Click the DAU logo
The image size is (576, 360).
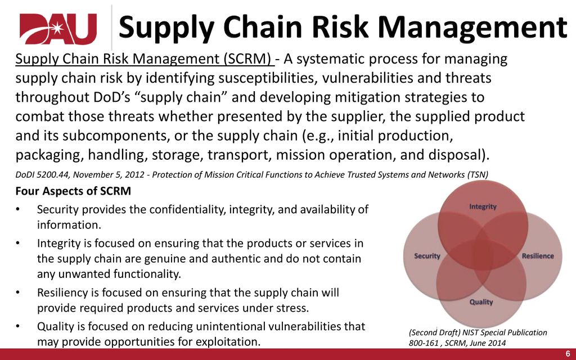click(x=58, y=29)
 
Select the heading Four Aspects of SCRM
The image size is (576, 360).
click(x=73, y=191)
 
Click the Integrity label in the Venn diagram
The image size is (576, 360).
click(x=483, y=206)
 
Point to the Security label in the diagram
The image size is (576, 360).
click(x=427, y=256)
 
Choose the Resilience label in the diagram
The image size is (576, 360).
click(x=538, y=256)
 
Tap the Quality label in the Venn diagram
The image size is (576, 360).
click(x=481, y=302)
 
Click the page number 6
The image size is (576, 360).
click(x=568, y=354)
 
